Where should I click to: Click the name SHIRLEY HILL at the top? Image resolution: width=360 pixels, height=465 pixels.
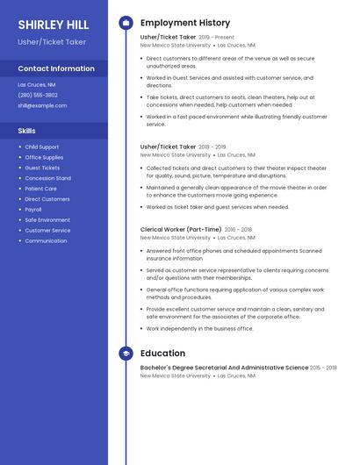(53, 25)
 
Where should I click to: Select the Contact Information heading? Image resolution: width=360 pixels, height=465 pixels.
(56, 68)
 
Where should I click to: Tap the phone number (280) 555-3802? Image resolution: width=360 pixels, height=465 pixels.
(38, 95)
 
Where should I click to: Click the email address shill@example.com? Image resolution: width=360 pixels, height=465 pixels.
(42, 105)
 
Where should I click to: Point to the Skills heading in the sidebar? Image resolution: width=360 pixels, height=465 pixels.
(26, 131)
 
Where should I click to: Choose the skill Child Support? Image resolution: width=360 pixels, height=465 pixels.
(42, 147)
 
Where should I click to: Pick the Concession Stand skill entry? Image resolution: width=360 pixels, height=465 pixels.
(47, 178)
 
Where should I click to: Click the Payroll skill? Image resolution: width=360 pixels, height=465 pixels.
(33, 210)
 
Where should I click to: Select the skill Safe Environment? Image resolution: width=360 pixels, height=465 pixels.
(47, 220)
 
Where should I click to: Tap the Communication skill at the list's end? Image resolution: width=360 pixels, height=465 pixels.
(46, 241)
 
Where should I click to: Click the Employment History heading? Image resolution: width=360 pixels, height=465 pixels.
(185, 23)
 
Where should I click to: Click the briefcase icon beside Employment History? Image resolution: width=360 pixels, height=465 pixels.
(126, 23)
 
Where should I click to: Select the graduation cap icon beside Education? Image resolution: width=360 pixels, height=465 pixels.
(126, 354)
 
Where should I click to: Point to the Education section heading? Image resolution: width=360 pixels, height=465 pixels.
(162, 354)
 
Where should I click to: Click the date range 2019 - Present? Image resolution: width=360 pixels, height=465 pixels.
(217, 38)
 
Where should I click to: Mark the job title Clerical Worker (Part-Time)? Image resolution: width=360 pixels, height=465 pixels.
(181, 229)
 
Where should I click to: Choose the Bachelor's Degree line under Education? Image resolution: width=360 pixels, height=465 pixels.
(224, 368)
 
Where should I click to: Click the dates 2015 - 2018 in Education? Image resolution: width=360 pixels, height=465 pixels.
(324, 368)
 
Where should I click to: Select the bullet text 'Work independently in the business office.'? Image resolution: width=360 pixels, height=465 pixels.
(199, 328)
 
